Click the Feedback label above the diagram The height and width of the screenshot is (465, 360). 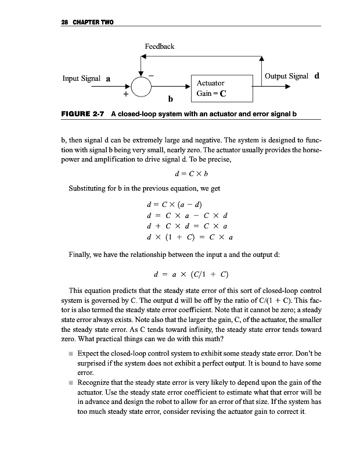tap(160, 46)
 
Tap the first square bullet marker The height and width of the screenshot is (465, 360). tap(70, 353)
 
